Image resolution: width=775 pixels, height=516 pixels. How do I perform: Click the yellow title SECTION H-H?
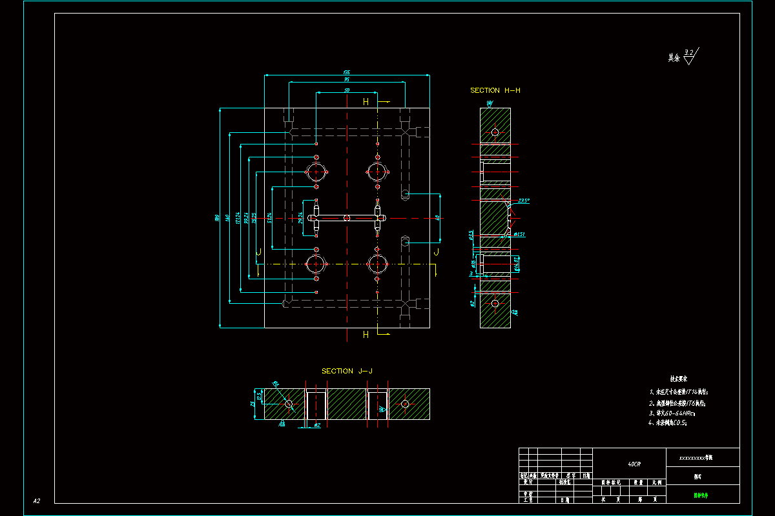pyautogui.click(x=495, y=90)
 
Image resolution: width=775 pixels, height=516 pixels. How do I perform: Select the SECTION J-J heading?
pyautogui.click(x=347, y=371)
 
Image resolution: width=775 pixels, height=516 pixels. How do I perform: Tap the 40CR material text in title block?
pyautogui.click(x=635, y=464)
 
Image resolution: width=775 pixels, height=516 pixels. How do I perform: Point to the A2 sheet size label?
pyautogui.click(x=37, y=501)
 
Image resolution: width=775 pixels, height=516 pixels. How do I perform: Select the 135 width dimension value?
pyautogui.click(x=347, y=72)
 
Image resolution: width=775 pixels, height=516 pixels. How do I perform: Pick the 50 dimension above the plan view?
pyautogui.click(x=347, y=90)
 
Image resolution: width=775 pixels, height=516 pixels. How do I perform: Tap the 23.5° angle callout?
pyautogui.click(x=523, y=201)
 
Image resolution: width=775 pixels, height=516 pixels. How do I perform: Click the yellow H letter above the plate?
pyautogui.click(x=366, y=102)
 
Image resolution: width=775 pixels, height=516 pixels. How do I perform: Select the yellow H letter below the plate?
pyautogui.click(x=366, y=335)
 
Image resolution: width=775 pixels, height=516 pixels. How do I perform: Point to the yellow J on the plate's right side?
pyautogui.click(x=436, y=252)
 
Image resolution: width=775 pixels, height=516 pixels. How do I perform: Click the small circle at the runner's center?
pyautogui.click(x=347, y=218)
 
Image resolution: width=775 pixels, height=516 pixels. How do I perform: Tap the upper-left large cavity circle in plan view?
pyautogui.click(x=316, y=172)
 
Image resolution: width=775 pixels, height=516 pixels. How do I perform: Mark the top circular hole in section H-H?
pyautogui.click(x=495, y=132)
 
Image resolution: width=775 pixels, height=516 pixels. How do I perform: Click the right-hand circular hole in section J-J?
pyautogui.click(x=405, y=404)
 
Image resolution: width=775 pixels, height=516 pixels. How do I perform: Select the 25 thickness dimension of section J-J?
pyautogui.click(x=253, y=404)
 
